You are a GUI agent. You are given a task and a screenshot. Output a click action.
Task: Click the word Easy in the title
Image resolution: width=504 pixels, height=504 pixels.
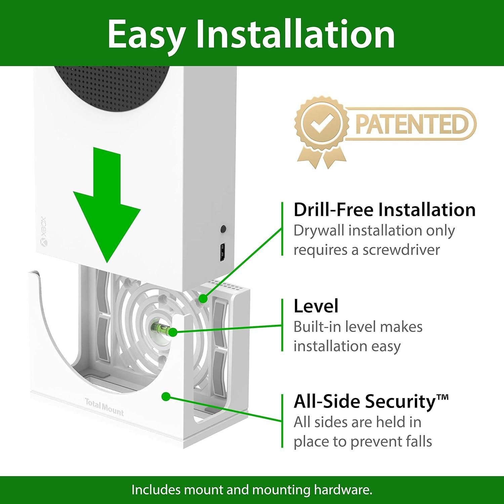tap(146, 34)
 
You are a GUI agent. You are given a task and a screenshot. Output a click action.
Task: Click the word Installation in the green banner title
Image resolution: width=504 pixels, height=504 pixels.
tap(295, 34)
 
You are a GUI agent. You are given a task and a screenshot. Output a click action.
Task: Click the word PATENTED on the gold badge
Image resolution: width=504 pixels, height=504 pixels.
tap(411, 124)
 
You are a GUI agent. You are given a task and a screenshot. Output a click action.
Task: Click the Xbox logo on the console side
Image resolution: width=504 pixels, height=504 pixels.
tap(44, 242)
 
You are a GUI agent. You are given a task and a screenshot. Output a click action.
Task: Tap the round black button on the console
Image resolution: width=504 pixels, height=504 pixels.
tap(223, 229)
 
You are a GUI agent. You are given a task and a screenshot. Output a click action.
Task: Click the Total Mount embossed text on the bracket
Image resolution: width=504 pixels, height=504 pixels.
tap(104, 407)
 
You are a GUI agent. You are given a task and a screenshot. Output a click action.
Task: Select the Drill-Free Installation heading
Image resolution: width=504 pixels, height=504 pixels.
tap(384, 210)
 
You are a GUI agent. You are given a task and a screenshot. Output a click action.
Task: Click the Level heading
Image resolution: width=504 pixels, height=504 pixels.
tap(316, 306)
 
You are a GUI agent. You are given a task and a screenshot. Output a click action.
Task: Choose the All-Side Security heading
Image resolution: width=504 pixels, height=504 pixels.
tap(371, 401)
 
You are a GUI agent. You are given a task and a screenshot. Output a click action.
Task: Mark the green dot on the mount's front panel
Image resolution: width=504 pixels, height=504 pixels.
tap(165, 396)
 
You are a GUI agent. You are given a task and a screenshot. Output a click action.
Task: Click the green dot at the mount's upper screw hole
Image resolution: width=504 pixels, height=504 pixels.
tap(203, 298)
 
